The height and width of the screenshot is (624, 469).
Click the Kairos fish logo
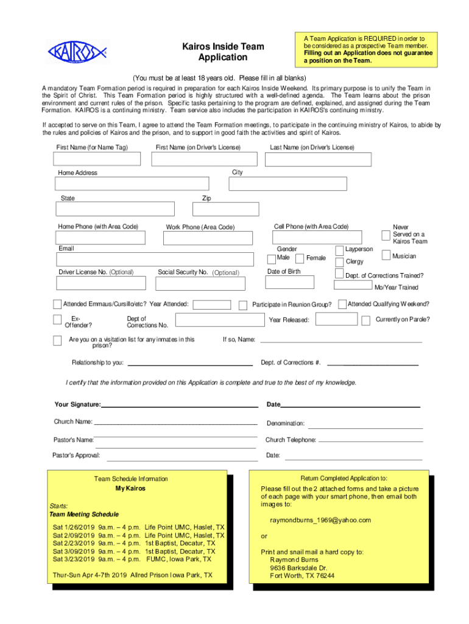tap(77, 51)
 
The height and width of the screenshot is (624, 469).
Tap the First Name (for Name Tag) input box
tap(97, 158)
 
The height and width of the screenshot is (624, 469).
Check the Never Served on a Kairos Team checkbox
tap(386, 235)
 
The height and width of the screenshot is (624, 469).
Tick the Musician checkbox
tap(386, 255)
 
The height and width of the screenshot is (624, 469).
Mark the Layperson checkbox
tap(339, 250)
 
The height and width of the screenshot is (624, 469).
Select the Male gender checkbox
tap(271, 258)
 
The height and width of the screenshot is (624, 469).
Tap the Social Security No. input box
tap(200, 283)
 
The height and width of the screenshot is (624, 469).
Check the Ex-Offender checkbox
tap(57, 321)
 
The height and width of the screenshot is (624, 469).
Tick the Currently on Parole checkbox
tap(365, 321)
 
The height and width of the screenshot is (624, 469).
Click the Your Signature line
tap(180, 405)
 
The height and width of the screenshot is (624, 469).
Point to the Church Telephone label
tap(291, 440)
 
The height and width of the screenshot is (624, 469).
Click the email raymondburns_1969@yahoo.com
tap(320, 520)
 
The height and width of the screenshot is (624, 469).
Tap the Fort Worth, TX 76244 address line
tap(302, 575)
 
